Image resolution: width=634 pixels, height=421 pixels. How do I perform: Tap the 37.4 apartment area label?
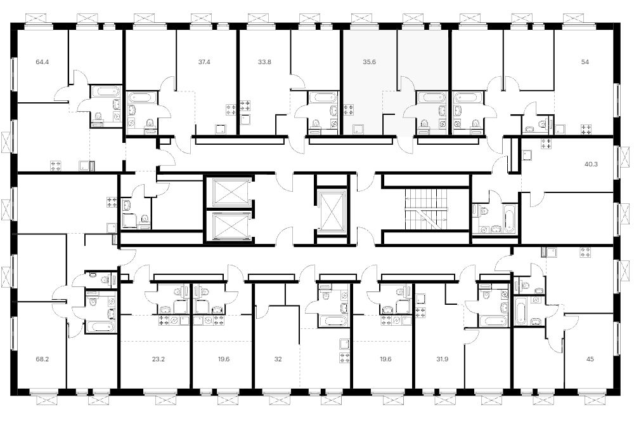204,62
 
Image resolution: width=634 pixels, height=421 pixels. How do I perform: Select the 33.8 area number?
264,62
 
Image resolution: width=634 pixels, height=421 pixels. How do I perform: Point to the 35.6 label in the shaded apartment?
370,62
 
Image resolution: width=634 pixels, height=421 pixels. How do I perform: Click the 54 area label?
585,62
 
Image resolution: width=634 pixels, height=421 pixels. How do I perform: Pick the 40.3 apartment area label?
591,164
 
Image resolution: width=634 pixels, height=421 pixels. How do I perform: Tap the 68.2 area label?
42,359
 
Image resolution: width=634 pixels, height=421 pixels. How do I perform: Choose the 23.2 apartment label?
158,359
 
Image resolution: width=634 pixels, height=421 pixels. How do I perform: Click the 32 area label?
278,359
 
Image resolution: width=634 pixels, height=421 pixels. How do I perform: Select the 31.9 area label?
443,359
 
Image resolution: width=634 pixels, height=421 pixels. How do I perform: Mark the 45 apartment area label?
590,359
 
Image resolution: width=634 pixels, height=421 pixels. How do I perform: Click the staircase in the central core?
427,209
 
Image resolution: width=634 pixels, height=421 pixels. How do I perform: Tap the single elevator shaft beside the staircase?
331,211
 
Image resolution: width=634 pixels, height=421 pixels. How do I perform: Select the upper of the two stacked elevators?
229,192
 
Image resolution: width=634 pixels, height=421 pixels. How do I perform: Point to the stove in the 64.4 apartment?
55,166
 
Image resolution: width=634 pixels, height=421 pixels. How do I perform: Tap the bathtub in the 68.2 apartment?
100,326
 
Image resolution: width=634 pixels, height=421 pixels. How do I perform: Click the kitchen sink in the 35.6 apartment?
358,130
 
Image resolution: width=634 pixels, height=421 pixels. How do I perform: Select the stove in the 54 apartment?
586,130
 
